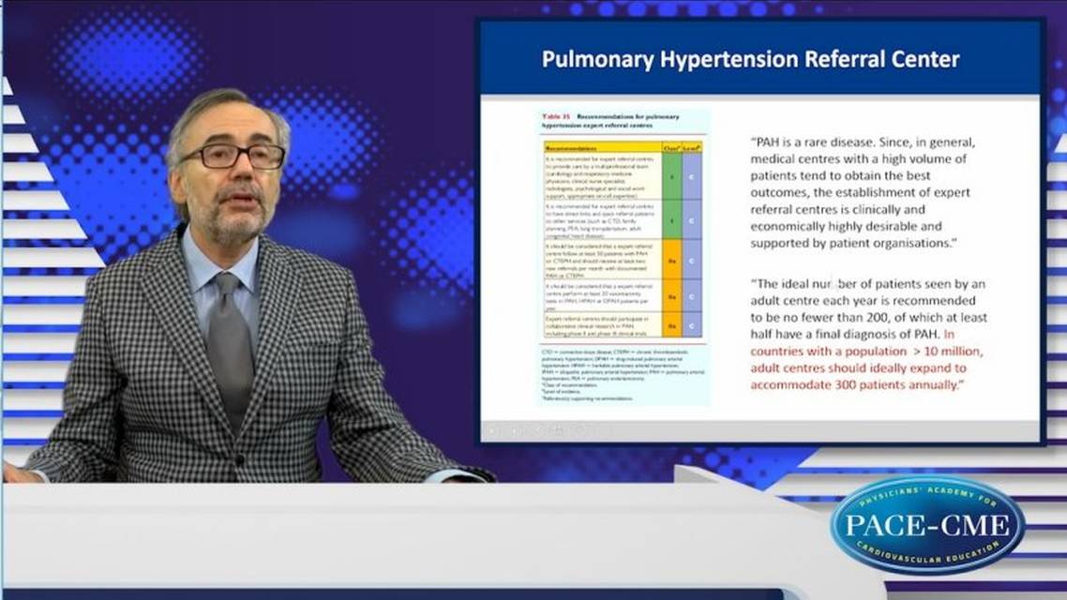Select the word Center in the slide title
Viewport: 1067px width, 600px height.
(x=919, y=60)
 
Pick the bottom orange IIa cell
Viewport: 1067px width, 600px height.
(x=669, y=325)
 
